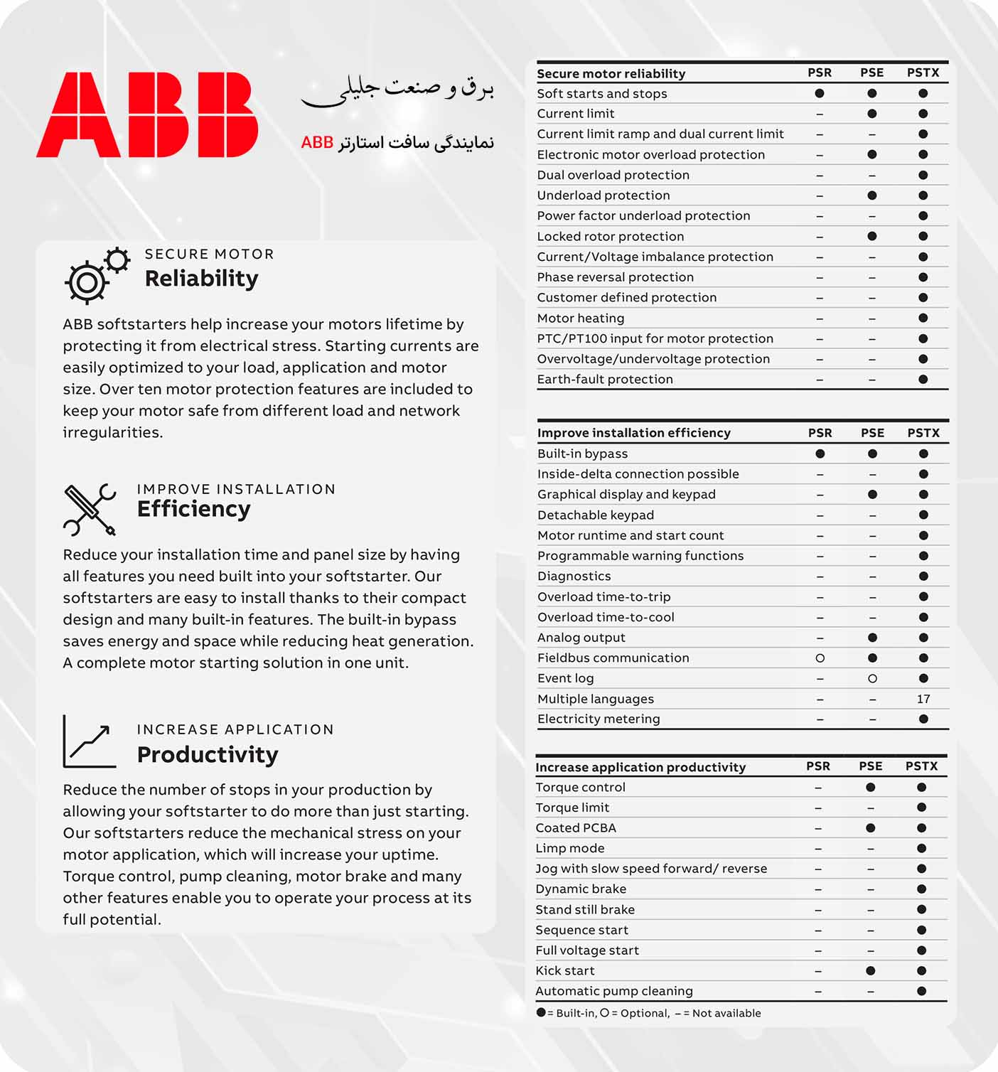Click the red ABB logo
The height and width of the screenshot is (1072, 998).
tap(147, 114)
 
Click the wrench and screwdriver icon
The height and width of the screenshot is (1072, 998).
tap(90, 510)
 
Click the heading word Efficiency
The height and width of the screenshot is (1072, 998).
tap(193, 509)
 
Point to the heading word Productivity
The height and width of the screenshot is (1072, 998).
tap(207, 754)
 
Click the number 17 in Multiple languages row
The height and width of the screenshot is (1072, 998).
tap(923, 699)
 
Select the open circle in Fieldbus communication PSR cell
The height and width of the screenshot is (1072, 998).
tap(820, 658)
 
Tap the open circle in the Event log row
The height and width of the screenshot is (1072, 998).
tap(872, 679)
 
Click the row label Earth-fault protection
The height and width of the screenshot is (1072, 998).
tap(604, 380)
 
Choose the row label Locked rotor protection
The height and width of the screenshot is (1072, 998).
tap(610, 237)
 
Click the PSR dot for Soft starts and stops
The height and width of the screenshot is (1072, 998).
tap(820, 93)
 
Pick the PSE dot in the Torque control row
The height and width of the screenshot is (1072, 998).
tap(871, 787)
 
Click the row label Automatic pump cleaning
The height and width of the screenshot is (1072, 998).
tap(613, 991)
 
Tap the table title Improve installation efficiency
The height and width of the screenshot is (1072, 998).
tap(633, 433)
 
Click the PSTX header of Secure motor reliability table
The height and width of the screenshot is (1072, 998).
tap(923, 73)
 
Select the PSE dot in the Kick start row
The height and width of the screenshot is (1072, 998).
tap(871, 970)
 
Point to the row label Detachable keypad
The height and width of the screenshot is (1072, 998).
tap(595, 515)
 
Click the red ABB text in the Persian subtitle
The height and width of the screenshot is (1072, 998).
tap(317, 142)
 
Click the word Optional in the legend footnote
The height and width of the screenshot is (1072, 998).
tap(644, 1013)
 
